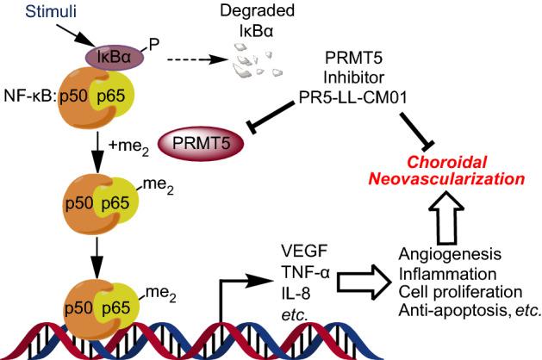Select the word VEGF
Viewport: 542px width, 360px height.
tap(300, 253)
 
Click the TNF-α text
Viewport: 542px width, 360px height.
tap(302, 273)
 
